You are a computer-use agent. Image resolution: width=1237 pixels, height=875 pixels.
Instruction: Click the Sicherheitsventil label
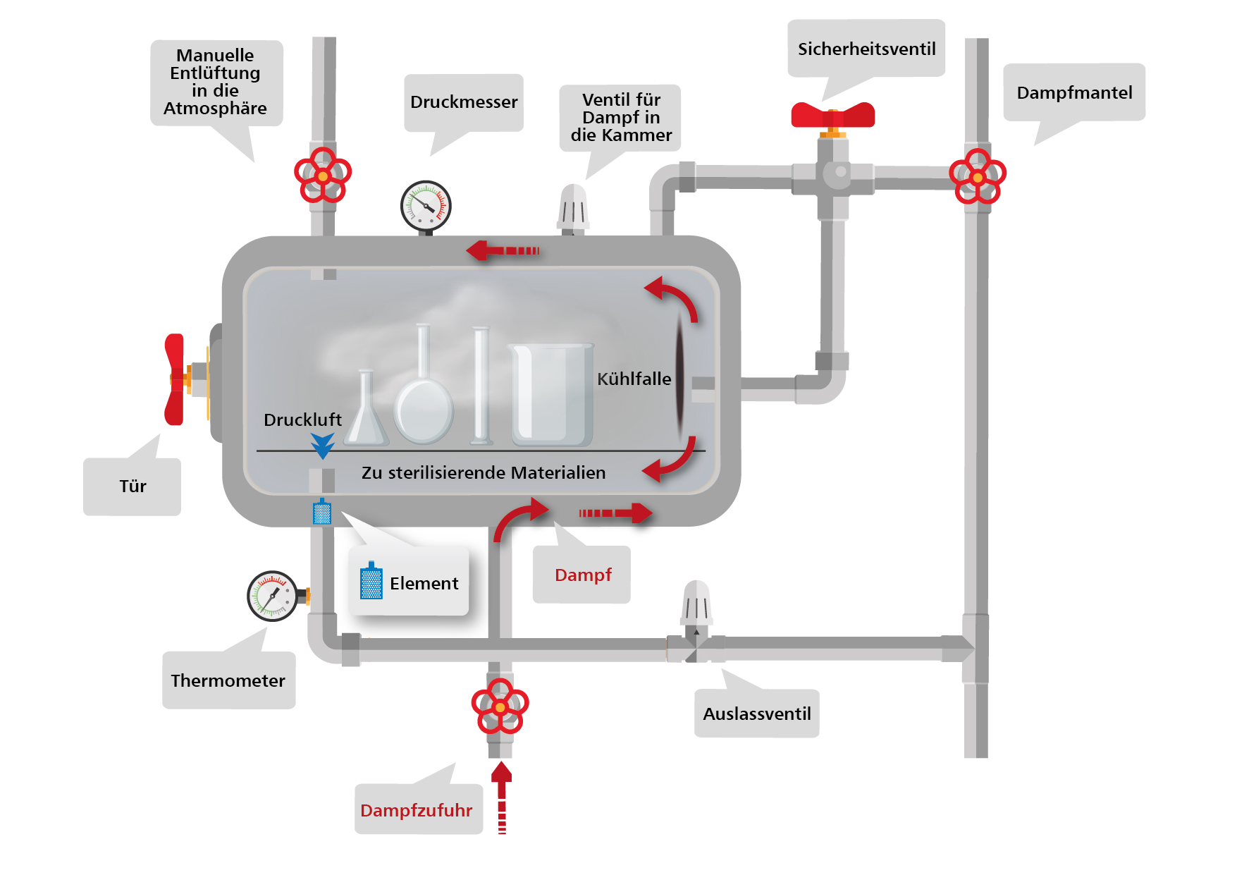(x=866, y=49)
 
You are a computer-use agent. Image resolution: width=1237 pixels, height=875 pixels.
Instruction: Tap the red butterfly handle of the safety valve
(x=832, y=114)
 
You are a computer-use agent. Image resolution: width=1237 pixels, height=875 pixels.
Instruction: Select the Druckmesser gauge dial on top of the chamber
(x=426, y=206)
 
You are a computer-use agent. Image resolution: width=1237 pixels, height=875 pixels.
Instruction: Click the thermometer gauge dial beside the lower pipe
(x=272, y=596)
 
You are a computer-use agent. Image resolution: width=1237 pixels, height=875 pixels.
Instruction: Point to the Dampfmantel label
(x=1074, y=92)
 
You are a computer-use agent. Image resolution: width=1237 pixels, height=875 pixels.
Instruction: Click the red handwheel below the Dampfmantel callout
(x=978, y=176)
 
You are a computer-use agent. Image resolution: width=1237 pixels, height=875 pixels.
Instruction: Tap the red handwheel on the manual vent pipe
(x=323, y=175)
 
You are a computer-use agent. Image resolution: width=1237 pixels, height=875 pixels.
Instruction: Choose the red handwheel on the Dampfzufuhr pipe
(x=500, y=706)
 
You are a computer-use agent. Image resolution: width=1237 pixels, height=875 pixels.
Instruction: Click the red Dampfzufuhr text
(x=416, y=810)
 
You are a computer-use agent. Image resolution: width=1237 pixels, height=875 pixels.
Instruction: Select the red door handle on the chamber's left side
(x=174, y=379)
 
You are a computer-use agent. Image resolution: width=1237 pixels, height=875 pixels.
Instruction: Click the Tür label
(x=133, y=486)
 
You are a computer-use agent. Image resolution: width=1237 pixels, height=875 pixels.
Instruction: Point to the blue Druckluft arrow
(x=322, y=445)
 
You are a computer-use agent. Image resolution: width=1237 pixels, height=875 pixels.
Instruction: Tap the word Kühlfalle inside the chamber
(x=634, y=379)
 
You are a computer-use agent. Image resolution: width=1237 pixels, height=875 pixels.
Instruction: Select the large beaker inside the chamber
(x=551, y=395)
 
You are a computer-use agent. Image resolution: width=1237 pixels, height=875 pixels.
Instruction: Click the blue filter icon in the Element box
(x=371, y=582)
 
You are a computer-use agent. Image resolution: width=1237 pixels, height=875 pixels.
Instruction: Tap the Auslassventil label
(x=756, y=714)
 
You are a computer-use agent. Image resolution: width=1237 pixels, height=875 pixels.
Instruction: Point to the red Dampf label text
(x=583, y=575)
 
